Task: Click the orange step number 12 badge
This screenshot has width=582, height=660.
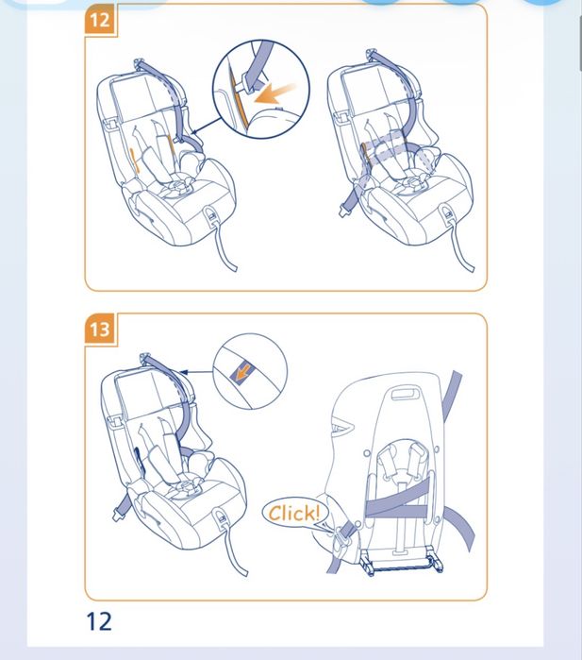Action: (x=100, y=20)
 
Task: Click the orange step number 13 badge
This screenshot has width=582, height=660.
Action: (x=100, y=329)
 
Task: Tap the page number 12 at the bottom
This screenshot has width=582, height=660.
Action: (x=99, y=621)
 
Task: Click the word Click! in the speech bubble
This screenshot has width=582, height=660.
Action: (x=294, y=513)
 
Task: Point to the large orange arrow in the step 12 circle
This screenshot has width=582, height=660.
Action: (x=274, y=94)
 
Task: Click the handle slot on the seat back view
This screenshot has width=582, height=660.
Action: (x=406, y=395)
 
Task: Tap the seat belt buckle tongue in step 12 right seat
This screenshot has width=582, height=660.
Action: (x=345, y=210)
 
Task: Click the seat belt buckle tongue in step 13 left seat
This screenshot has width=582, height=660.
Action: (x=118, y=515)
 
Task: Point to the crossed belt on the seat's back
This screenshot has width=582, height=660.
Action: (x=397, y=498)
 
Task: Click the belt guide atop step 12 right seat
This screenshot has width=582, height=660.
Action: (x=371, y=54)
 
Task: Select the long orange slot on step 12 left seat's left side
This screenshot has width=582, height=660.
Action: (x=134, y=160)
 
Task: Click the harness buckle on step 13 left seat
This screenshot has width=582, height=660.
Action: (x=186, y=488)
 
